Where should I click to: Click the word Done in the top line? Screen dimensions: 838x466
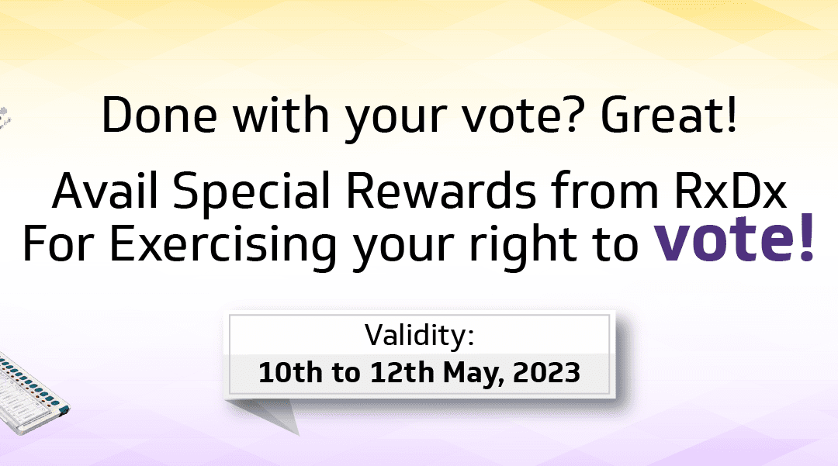159,115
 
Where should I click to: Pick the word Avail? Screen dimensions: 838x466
106,191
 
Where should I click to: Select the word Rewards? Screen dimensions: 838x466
441,191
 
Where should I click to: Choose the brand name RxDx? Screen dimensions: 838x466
730,191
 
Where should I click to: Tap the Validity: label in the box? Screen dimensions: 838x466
420,335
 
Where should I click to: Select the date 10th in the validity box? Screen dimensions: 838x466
290,372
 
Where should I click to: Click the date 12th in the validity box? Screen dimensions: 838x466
402,372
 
